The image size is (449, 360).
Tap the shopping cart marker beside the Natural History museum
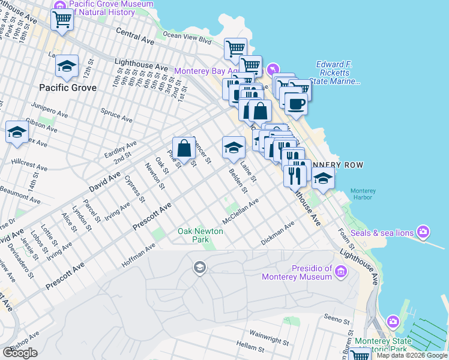[x=62, y=19]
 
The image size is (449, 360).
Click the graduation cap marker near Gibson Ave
[x=17, y=132]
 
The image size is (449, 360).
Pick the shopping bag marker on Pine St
[x=184, y=148]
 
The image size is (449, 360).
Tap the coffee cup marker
[x=295, y=104]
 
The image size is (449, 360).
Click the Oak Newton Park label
[x=193, y=235]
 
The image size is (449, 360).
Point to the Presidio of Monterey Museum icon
[x=341, y=272]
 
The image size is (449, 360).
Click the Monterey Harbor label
[x=363, y=195]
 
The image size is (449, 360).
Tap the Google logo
[x=20, y=353]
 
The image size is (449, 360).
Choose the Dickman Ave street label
[x=277, y=233]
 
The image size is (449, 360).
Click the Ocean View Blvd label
[x=187, y=38]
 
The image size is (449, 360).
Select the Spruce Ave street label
[x=116, y=115]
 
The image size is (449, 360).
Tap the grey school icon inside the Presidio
[x=199, y=267]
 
